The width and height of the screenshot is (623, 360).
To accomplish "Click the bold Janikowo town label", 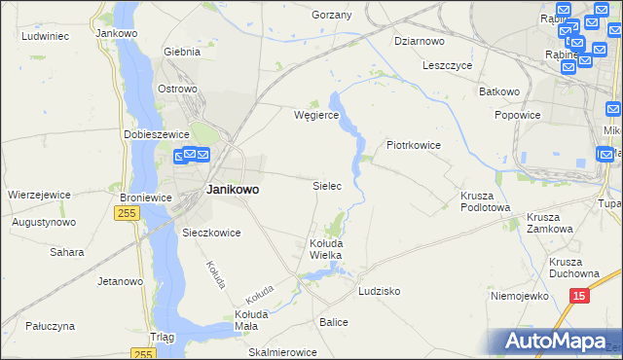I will tap(232, 190).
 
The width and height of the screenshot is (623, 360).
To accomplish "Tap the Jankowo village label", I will tap(117, 32).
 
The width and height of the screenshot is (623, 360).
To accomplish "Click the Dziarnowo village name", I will tap(420, 41).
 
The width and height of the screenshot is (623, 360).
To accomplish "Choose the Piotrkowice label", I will tap(414, 145).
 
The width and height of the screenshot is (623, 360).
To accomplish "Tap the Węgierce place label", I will tap(316, 115).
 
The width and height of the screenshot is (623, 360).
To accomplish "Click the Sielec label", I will tap(326, 185).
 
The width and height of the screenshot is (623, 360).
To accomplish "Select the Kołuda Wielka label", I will tap(325, 248).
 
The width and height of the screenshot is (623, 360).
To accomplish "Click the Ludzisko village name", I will tap(380, 291).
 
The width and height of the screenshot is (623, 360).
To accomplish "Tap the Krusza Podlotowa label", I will tap(485, 200).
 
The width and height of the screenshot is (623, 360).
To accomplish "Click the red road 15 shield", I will tap(580, 296).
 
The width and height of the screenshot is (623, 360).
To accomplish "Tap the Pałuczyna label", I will tap(51, 327).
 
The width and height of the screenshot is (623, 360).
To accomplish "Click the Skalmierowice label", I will tap(283, 352).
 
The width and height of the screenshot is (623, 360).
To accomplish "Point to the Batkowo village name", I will tap(499, 91).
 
